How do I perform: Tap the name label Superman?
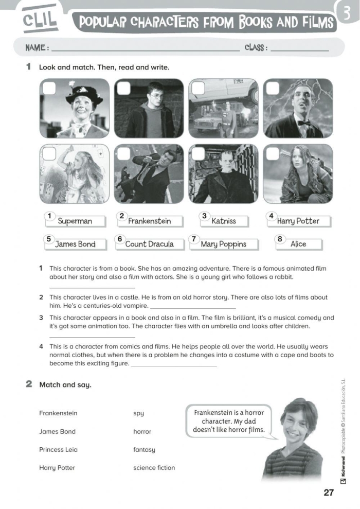[x=75, y=221]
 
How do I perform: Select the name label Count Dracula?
[x=149, y=244]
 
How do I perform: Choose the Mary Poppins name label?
[x=223, y=244]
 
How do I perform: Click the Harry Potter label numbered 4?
[x=298, y=221]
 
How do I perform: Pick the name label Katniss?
[x=224, y=221]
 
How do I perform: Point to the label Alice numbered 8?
[x=298, y=244]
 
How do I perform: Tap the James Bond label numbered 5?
[x=75, y=244]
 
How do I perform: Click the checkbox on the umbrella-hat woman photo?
[x=49, y=89]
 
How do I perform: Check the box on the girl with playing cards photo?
[x=49, y=153]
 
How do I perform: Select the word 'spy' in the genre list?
[x=138, y=413]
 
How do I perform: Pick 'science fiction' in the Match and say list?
[x=154, y=468]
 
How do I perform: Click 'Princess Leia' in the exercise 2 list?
[x=58, y=450]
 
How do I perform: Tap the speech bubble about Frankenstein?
[x=228, y=421]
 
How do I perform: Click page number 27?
[x=329, y=493]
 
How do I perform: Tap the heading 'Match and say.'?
[x=65, y=385]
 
